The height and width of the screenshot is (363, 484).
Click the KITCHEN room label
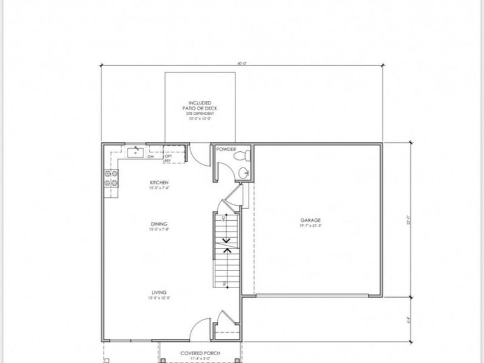point(159,183)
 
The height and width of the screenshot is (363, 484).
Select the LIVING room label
point(159,292)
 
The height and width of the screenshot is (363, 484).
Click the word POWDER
point(226,149)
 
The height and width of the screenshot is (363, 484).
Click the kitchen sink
point(135,151)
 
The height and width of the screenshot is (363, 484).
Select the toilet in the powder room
point(243,156)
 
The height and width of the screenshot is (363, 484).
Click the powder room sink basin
point(243,173)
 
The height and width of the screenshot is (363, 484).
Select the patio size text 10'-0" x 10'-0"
point(200,119)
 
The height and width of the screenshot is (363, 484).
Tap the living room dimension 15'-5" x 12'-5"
point(159,298)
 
